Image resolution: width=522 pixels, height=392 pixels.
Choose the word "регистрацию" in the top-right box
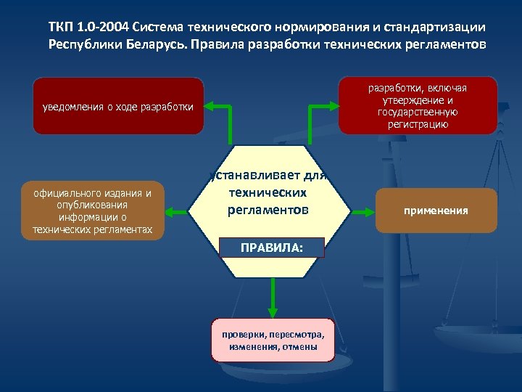417,124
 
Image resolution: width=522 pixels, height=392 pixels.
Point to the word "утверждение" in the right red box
417,100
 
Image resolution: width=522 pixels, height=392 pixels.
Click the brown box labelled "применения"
436,211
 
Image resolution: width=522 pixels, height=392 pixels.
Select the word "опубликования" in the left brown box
87,205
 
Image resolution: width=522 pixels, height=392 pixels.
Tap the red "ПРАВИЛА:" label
272,248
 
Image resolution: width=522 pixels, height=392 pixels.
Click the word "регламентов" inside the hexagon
268,209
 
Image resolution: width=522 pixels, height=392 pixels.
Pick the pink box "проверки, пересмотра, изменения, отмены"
273,340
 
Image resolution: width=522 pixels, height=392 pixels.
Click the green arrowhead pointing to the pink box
273,311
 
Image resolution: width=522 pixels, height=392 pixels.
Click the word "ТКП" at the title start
62,27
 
